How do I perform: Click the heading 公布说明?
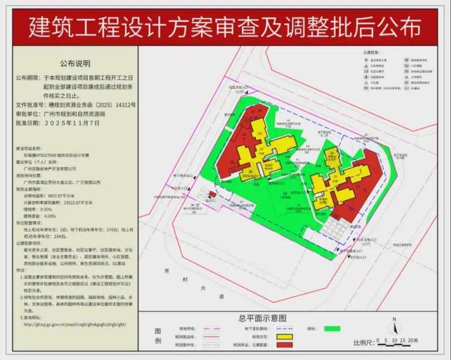tap(75, 63)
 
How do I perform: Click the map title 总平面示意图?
tap(262, 319)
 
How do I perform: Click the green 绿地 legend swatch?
tap(332, 328)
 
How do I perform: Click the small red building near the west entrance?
tap(212, 195)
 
